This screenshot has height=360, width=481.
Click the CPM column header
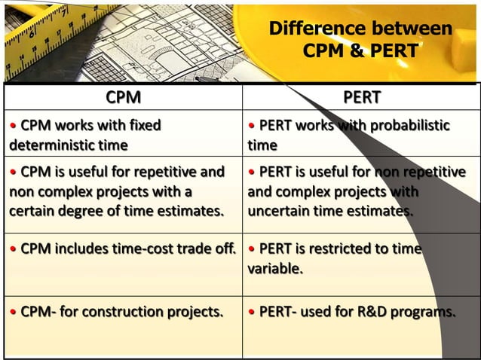123,97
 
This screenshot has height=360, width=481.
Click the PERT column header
361,97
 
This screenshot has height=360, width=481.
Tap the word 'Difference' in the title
315,29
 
